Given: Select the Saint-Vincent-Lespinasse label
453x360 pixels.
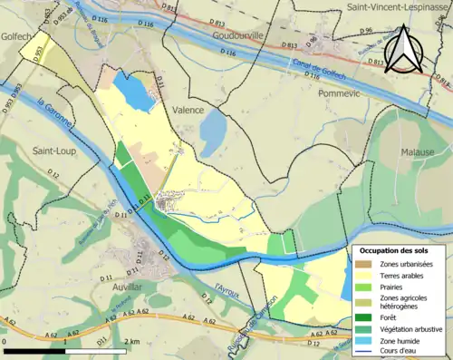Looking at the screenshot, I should pyautogui.click(x=392, y=7).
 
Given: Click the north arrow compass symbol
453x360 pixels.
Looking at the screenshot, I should pyautogui.click(x=405, y=50).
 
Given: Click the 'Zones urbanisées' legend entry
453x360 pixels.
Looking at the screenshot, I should pyautogui.click(x=406, y=264).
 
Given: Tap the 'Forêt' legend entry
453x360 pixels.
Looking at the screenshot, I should pyautogui.click(x=390, y=316).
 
